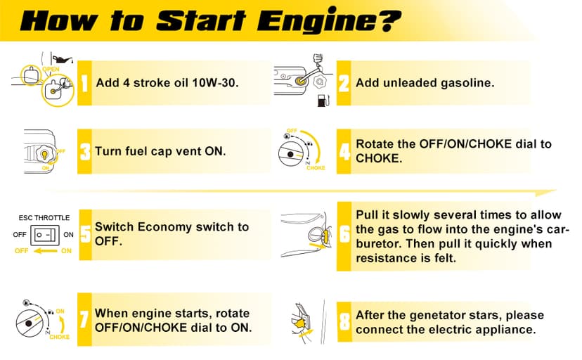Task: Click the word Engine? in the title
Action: coord(329,20)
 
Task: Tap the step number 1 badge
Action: coord(84,83)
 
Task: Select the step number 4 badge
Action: coord(344,151)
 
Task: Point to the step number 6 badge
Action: coord(344,236)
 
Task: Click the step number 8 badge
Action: coord(344,322)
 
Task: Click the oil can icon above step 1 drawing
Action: coord(63,58)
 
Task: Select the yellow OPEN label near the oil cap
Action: coord(51,69)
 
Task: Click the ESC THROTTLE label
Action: coord(44,218)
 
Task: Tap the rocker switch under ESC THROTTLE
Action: coord(44,235)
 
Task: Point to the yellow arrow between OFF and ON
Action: coord(45,251)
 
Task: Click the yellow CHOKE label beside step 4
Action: coord(316,168)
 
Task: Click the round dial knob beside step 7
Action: coord(30,323)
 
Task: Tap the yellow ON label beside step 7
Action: coord(60,311)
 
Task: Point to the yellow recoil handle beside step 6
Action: coord(325,237)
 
